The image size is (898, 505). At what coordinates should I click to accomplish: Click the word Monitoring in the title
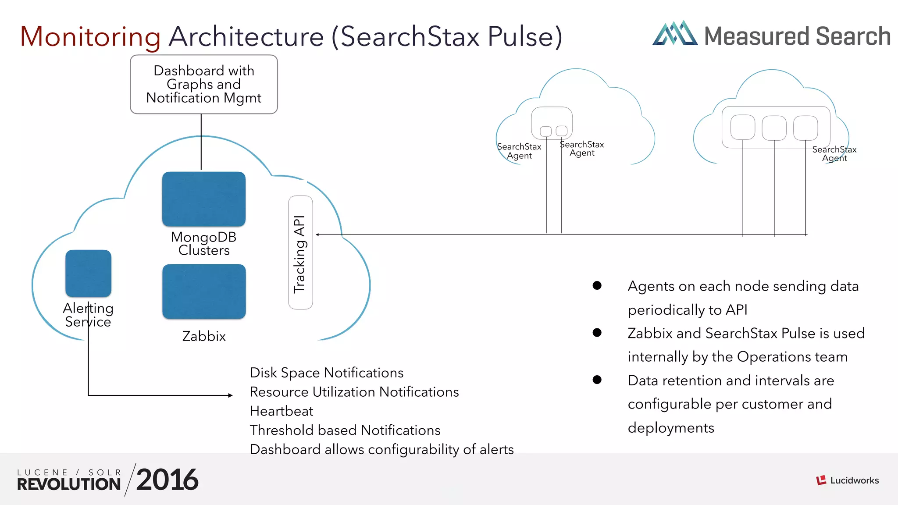click(90, 37)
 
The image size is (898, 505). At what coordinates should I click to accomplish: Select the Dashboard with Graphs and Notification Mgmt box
click(203, 84)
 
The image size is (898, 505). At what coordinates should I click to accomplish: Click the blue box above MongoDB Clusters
click(203, 199)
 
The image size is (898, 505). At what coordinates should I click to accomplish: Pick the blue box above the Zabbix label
click(203, 291)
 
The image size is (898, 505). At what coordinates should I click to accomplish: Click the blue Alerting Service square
click(88, 273)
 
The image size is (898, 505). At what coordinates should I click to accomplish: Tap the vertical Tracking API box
click(300, 252)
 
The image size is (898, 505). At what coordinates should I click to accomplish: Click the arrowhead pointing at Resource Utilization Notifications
click(230, 395)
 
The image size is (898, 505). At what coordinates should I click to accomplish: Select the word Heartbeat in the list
click(281, 411)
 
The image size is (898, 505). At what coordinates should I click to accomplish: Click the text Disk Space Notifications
click(326, 373)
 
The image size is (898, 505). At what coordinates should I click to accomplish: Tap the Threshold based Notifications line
click(345, 430)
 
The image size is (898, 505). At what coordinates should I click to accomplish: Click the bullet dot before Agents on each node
click(597, 285)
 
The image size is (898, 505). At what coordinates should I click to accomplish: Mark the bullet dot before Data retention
click(597, 380)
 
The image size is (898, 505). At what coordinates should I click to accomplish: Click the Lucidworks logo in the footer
click(847, 480)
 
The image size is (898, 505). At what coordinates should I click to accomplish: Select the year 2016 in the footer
click(167, 480)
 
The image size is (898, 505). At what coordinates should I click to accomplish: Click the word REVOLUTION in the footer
click(69, 484)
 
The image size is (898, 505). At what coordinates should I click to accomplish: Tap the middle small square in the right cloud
click(774, 128)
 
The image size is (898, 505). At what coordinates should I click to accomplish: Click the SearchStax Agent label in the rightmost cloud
click(834, 154)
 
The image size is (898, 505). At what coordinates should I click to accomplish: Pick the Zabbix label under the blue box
click(203, 336)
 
